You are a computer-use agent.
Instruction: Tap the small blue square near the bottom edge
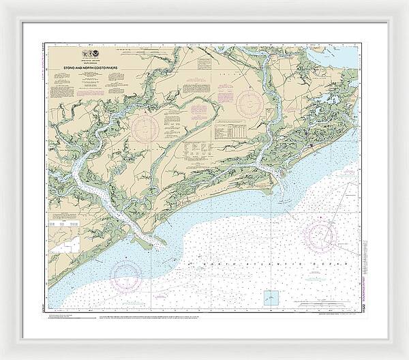[x=271, y=297]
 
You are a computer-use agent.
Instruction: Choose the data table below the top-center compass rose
[x=232, y=131]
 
